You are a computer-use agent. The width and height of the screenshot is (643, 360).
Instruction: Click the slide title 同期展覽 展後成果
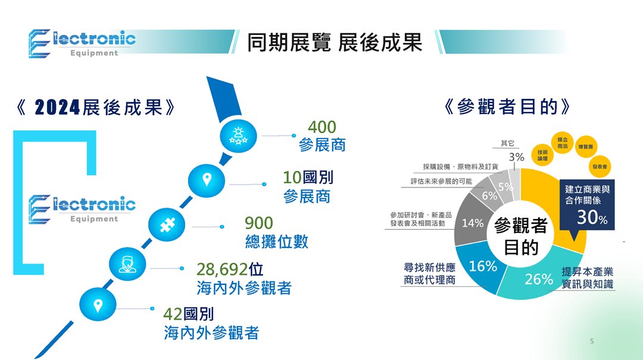pyautogui.click(x=335, y=42)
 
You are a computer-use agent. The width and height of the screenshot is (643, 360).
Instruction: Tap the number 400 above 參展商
pyautogui.click(x=321, y=127)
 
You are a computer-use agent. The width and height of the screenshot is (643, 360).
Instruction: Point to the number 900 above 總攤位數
pyautogui.click(x=259, y=223)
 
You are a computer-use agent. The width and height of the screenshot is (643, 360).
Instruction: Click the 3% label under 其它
pyautogui.click(x=516, y=157)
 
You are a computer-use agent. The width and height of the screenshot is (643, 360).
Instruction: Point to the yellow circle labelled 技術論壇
pyautogui.click(x=542, y=155)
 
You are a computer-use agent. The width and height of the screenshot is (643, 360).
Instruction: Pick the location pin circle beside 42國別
pyautogui.click(x=98, y=305)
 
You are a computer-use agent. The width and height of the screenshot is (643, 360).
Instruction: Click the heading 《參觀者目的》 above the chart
pyautogui.click(x=508, y=107)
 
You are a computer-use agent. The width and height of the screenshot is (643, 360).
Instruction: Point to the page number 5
pyautogui.click(x=591, y=341)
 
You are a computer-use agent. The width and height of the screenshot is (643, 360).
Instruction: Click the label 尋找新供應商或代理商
pyautogui.click(x=430, y=273)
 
